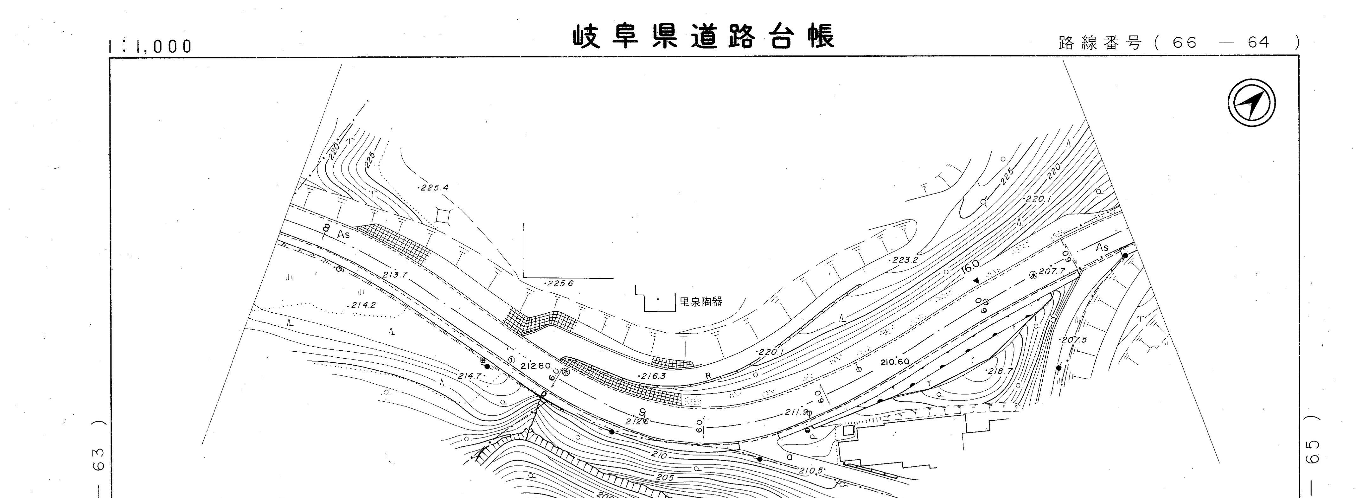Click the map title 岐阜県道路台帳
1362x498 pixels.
pyautogui.click(x=704, y=37)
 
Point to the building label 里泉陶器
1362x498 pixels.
pyautogui.click(x=700, y=302)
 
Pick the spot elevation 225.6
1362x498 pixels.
pyautogui.click(x=560, y=283)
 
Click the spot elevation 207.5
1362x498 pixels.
pyautogui.click(x=1073, y=339)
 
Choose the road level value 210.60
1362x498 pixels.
pyautogui.click(x=895, y=362)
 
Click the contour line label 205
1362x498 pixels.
pyautogui.click(x=665, y=477)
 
